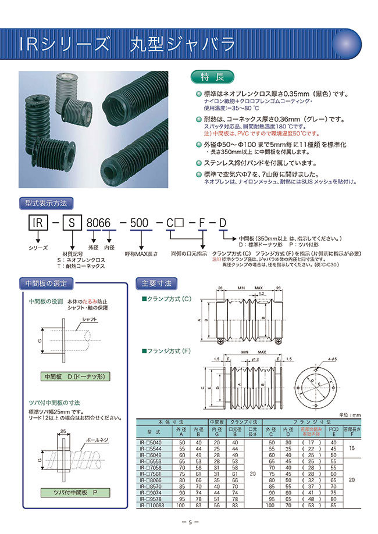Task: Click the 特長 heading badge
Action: [212, 77]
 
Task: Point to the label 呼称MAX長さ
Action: [140, 253]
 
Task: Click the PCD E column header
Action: [333, 432]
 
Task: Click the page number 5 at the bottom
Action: [190, 522]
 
